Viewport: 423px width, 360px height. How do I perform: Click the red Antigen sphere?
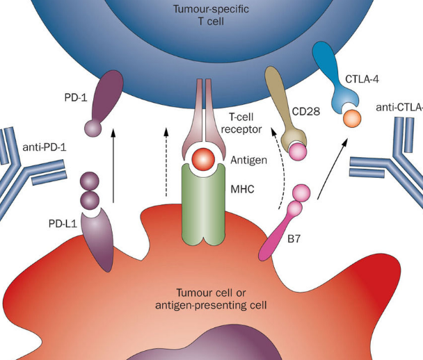click(x=205, y=158)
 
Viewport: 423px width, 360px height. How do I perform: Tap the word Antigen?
click(x=248, y=161)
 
